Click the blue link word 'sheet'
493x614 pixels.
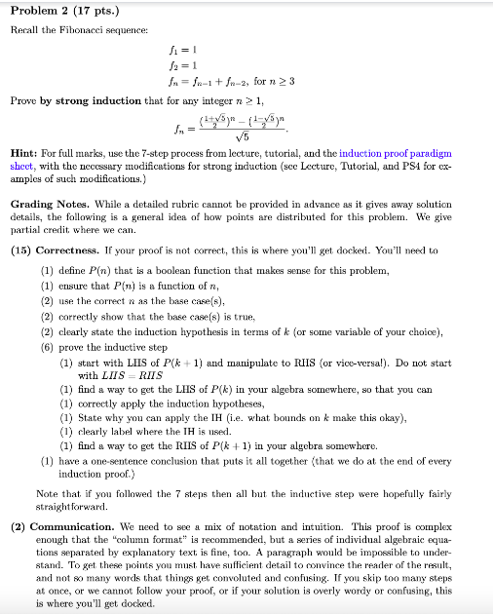[x=25, y=166]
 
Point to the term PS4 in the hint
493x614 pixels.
[x=394, y=166]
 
